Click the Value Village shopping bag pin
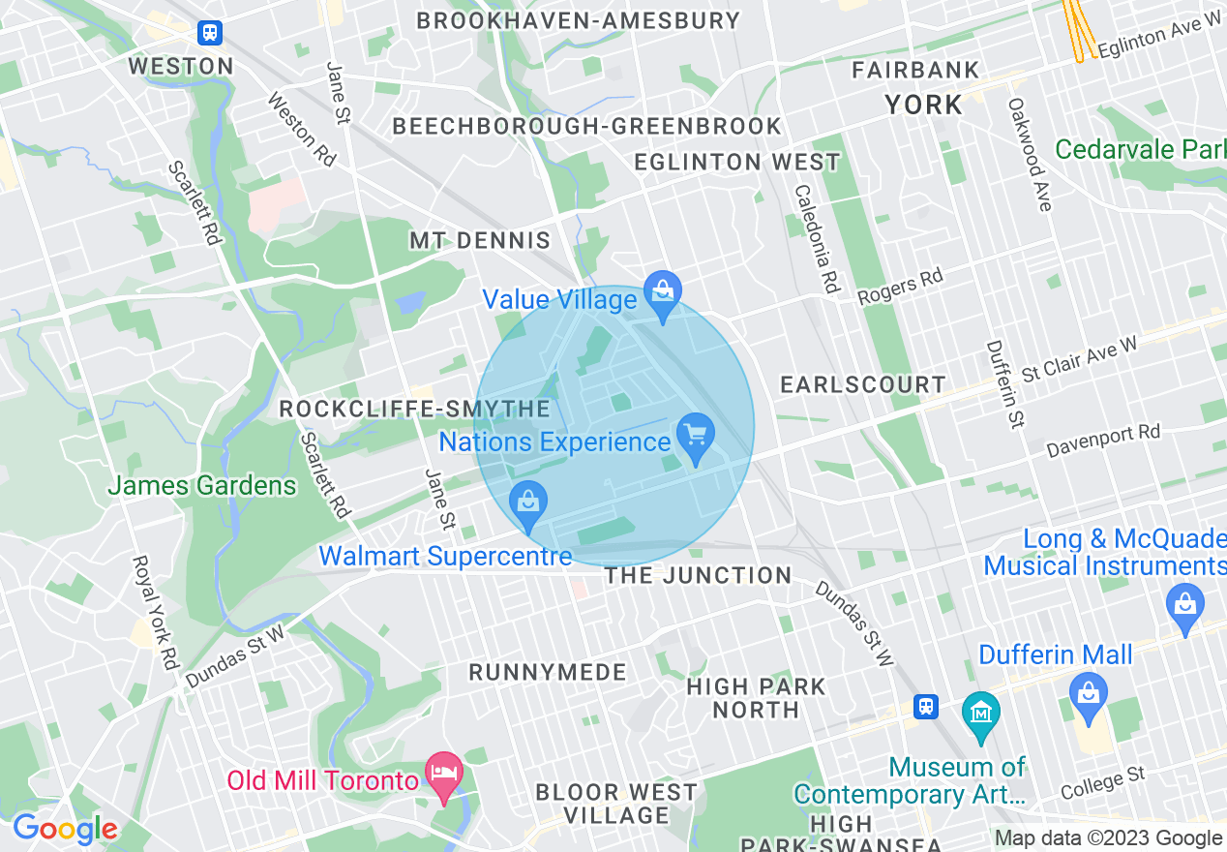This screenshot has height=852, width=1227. [663, 294]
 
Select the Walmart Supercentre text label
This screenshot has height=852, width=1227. [446, 557]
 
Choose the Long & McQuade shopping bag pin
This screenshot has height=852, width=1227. [1184, 606]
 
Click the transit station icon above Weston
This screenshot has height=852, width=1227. [210, 33]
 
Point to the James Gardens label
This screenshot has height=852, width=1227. [202, 485]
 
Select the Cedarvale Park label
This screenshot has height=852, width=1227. [1140, 150]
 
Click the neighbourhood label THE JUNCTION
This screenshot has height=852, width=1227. [698, 576]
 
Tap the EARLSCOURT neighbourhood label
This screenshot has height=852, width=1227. [863, 384]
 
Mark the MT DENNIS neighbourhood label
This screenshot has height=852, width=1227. [480, 241]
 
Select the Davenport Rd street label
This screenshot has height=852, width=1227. [1103, 441]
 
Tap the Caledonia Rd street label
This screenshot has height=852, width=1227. [815, 238]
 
